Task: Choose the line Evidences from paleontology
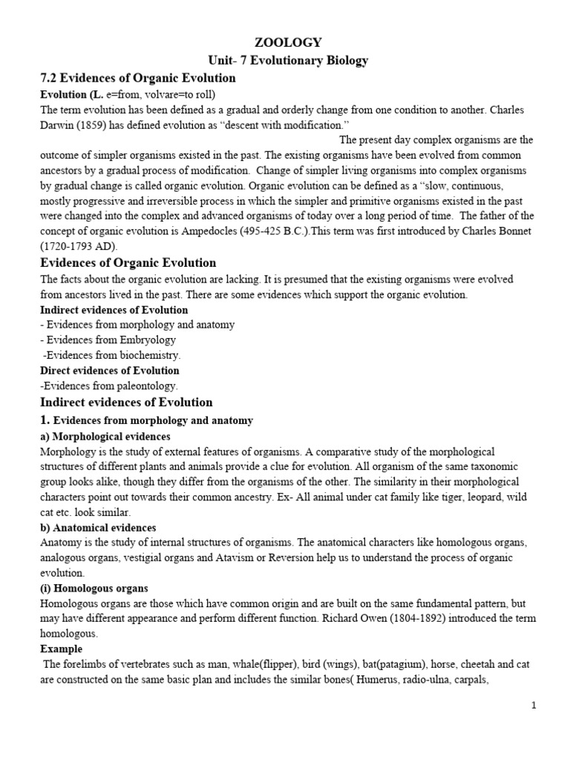pos(110,385)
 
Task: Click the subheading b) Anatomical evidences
pos(97,528)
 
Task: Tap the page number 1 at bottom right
pos(534,706)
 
